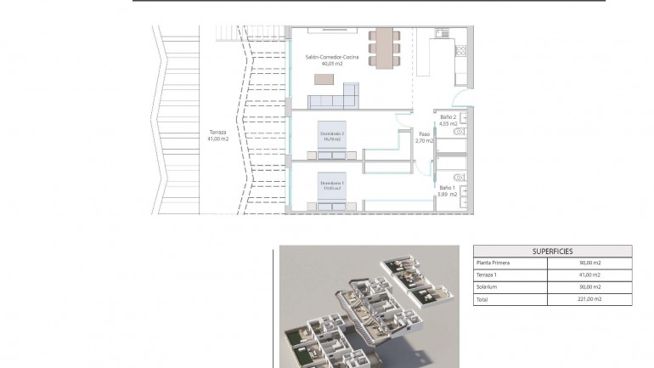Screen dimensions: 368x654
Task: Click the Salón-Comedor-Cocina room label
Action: click(332, 57)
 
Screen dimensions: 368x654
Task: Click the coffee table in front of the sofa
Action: click(324, 79)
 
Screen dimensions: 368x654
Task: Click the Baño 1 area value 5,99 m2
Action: click(448, 194)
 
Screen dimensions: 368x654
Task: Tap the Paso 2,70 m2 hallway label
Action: click(424, 137)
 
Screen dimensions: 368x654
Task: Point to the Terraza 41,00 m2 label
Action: click(218, 135)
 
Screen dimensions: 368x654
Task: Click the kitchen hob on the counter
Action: click(459, 50)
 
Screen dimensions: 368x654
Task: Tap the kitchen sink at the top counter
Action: click(441, 34)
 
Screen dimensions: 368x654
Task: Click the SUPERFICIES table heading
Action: click(552, 252)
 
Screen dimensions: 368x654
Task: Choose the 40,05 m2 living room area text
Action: click(332, 64)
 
